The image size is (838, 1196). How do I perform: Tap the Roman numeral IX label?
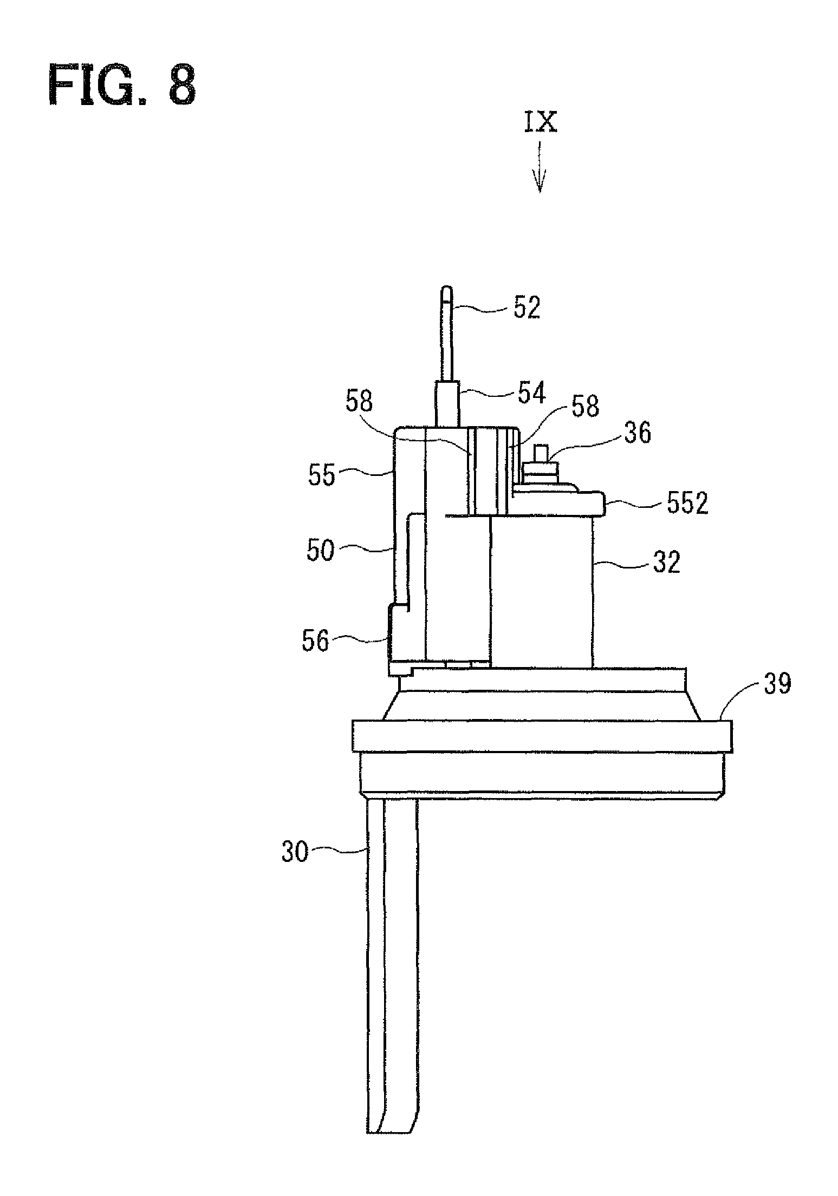pyautogui.click(x=540, y=123)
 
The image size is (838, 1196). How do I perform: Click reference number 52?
pyautogui.click(x=527, y=309)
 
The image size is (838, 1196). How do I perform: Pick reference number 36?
pyautogui.click(x=637, y=433)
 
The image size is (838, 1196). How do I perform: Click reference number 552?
pyautogui.click(x=686, y=504)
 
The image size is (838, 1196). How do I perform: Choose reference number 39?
pyautogui.click(x=777, y=684)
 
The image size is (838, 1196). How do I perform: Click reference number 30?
pyautogui.click(x=294, y=852)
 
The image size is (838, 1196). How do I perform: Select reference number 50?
pyautogui.click(x=320, y=552)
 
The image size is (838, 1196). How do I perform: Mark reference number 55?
pyautogui.click(x=322, y=476)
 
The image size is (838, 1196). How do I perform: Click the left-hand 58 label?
pyautogui.click(x=359, y=402)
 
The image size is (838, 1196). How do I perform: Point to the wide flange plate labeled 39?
pyautogui.click(x=542, y=735)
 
